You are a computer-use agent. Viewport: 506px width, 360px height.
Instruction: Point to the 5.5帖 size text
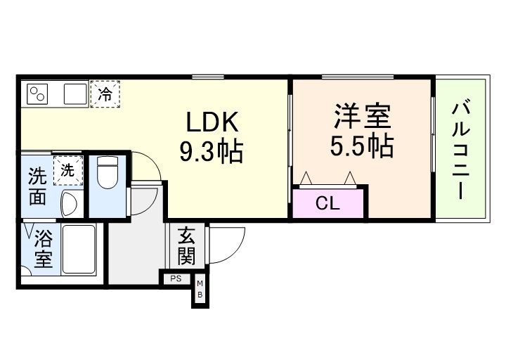click(361, 146)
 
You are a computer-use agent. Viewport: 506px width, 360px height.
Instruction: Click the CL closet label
click(327, 205)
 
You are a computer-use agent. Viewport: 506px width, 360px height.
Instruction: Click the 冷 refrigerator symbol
click(105, 93)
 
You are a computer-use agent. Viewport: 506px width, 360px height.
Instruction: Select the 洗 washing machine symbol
click(67, 169)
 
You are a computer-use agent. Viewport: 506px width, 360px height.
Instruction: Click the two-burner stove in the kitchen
click(38, 94)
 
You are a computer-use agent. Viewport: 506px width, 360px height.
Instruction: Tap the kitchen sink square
click(74, 94)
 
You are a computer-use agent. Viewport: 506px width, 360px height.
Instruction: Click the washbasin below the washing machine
click(70, 204)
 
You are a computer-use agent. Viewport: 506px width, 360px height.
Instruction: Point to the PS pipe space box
click(175, 279)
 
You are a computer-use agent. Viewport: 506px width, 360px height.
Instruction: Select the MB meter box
click(200, 289)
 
